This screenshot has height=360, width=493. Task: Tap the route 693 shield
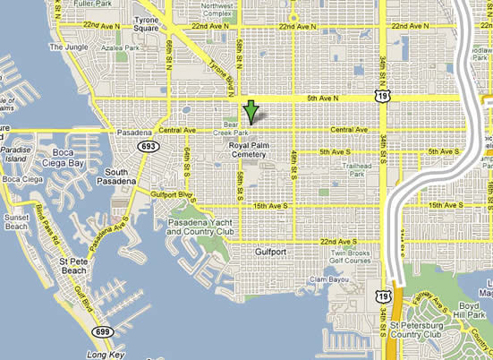pos(143,145)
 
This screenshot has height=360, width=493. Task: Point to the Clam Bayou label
pos(328,279)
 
